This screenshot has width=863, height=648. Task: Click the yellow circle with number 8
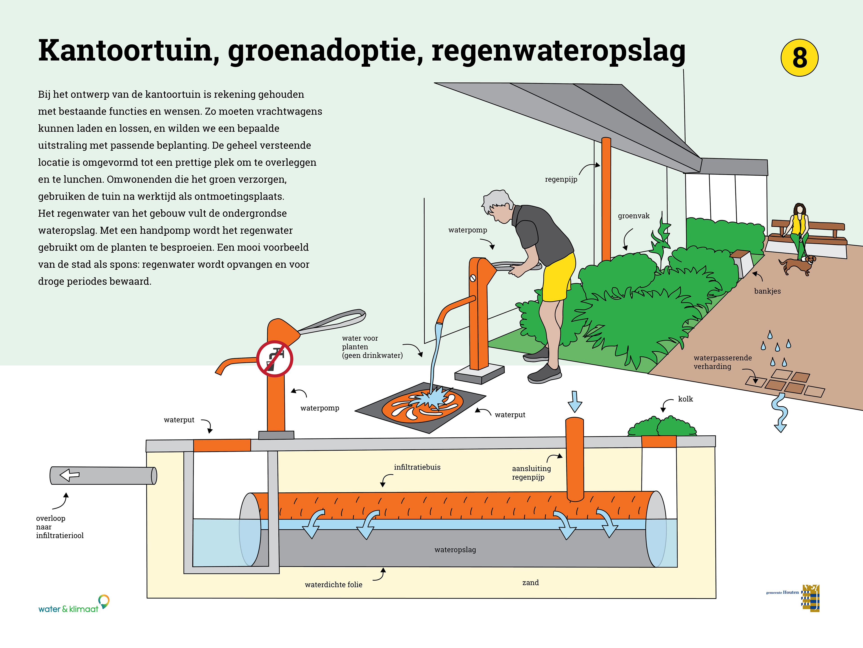coord(799,58)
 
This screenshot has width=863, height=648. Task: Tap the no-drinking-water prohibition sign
coord(275,359)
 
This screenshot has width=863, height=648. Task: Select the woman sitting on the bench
coord(799,232)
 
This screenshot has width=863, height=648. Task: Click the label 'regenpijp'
coord(561,179)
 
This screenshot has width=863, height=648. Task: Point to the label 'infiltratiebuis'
coord(417,467)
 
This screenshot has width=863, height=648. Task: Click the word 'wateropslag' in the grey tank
coord(455,550)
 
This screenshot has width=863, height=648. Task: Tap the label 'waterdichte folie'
coord(334,584)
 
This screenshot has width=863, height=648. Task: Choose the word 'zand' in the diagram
coord(531,582)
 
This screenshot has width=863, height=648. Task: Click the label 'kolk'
coord(685,399)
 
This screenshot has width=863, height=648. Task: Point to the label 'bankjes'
coord(767,291)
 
